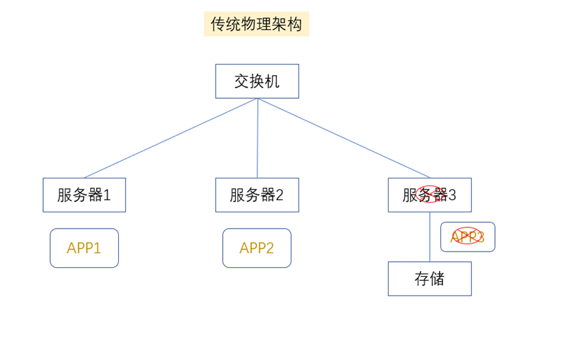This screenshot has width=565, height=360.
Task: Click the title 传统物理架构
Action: pyautogui.click(x=256, y=24)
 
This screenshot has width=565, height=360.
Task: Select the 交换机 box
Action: pyautogui.click(x=257, y=81)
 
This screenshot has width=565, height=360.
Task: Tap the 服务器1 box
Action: pyautogui.click(x=84, y=195)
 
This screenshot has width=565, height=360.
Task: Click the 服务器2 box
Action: pyautogui.click(x=257, y=195)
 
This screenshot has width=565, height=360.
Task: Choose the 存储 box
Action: pyautogui.click(x=429, y=278)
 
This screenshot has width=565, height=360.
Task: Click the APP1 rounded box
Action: pyautogui.click(x=84, y=248)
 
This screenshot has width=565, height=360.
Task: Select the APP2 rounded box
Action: pyautogui.click(x=257, y=248)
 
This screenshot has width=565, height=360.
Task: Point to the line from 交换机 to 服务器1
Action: pyautogui.click(x=171, y=138)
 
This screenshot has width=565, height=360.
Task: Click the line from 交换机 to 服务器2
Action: pyautogui.click(x=257, y=138)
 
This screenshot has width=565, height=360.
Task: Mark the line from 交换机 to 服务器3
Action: pyautogui.click(x=344, y=138)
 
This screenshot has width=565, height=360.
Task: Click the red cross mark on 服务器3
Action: pyautogui.click(x=430, y=194)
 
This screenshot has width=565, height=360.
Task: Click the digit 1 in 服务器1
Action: pyautogui.click(x=108, y=195)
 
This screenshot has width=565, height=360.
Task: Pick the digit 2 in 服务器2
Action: pyautogui.click(x=280, y=195)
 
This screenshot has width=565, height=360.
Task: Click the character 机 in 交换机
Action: pyautogui.click(x=272, y=81)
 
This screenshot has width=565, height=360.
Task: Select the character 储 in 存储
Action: pyautogui.click(x=437, y=278)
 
